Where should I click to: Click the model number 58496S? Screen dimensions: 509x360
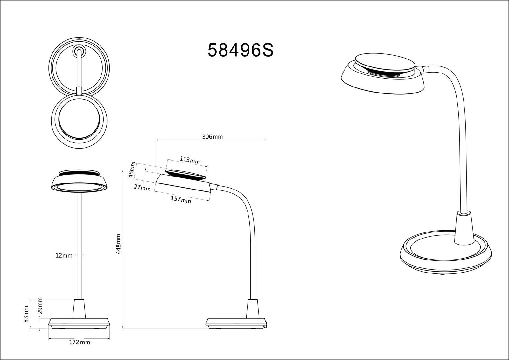coord(241,51)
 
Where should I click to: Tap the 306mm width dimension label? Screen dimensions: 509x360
coord(213,137)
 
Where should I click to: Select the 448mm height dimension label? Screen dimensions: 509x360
coord(118,244)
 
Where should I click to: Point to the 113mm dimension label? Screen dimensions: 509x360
coord(190,160)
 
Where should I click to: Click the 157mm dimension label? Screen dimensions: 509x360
coord(181,199)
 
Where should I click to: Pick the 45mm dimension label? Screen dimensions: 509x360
coord(132,170)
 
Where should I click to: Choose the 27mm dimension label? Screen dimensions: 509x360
coord(142,188)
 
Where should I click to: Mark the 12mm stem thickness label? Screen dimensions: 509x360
coord(64,255)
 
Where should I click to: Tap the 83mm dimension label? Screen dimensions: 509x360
coord(26,314)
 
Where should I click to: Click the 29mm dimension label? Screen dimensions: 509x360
coord(40,306)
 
